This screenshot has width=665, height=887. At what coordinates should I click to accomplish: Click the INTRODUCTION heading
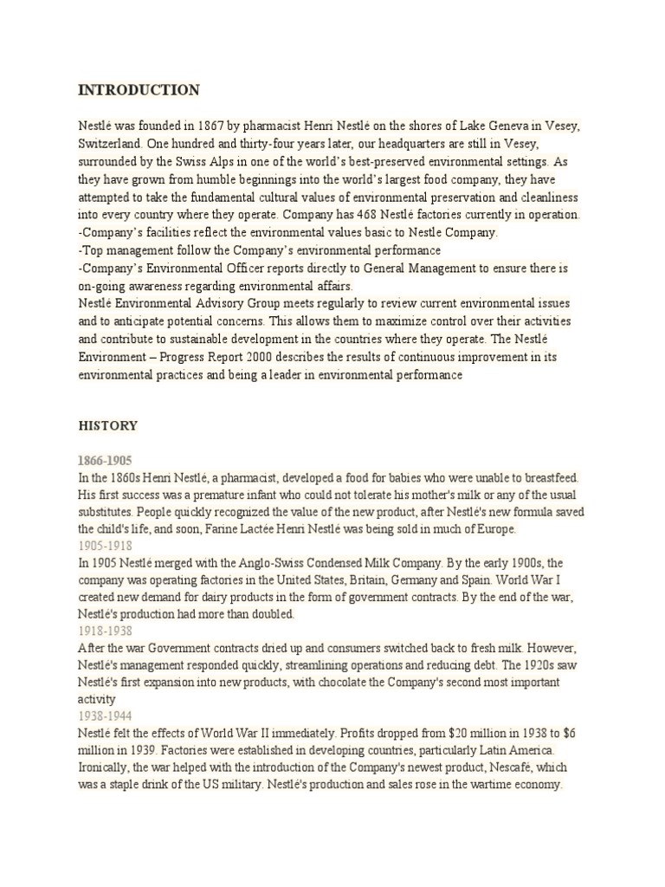pos(139,90)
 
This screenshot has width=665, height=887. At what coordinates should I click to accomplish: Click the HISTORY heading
pos(108,426)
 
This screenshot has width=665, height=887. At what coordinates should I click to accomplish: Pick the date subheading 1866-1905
pos(105,460)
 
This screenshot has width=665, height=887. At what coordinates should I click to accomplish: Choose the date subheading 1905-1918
pos(105,546)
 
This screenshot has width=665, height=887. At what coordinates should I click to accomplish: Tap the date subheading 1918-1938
pos(105,631)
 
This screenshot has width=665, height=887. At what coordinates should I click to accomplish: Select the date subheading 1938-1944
pos(105,716)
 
